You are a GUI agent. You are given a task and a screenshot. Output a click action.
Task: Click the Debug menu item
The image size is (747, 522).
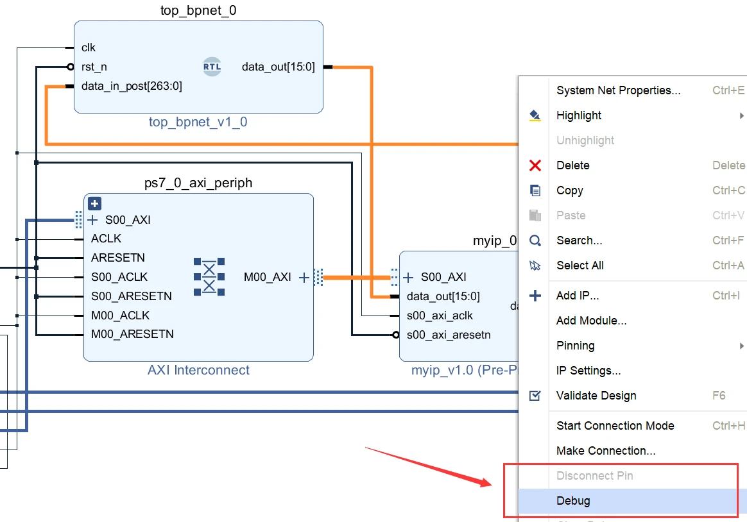pos(573,501)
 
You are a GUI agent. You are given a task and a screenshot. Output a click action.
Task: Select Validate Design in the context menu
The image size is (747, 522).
pos(596,396)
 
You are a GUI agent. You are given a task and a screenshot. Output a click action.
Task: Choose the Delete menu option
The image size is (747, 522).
pos(572,165)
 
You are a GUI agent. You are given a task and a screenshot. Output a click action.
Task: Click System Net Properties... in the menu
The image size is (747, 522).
pos(618,90)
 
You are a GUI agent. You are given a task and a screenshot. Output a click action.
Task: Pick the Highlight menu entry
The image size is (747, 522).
pos(579,115)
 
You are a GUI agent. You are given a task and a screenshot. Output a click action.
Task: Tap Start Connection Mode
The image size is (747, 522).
pos(615,426)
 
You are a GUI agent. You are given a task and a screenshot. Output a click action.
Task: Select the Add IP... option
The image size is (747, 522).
pos(577,296)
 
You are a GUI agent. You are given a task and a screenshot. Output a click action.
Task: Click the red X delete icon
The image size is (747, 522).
pos(535,165)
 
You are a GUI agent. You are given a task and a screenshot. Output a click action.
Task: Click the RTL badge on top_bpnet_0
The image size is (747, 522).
pos(212,67)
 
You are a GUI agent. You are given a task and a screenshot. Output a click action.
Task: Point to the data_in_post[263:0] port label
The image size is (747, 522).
pos(132,86)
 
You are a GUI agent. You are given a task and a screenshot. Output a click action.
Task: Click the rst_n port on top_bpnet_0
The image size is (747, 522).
pos(94,67)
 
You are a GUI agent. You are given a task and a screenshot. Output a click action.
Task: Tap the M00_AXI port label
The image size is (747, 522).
pos(267,277)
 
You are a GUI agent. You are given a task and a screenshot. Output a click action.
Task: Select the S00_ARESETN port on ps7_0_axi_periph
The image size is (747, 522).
pos(131,296)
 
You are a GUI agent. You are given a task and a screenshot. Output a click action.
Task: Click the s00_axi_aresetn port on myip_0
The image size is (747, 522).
pos(449,335)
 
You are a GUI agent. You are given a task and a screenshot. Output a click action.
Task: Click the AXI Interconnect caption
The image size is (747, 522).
pos(198,370)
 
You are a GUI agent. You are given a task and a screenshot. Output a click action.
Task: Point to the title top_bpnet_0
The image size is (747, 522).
pos(198,11)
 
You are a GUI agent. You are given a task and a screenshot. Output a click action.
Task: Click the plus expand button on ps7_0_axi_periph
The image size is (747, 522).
pos(94,204)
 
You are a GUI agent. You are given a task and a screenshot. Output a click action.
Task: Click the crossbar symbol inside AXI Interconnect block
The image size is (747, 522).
pos(209,277)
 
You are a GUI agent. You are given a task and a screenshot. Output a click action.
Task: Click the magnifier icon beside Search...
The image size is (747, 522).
pos(535,240)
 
